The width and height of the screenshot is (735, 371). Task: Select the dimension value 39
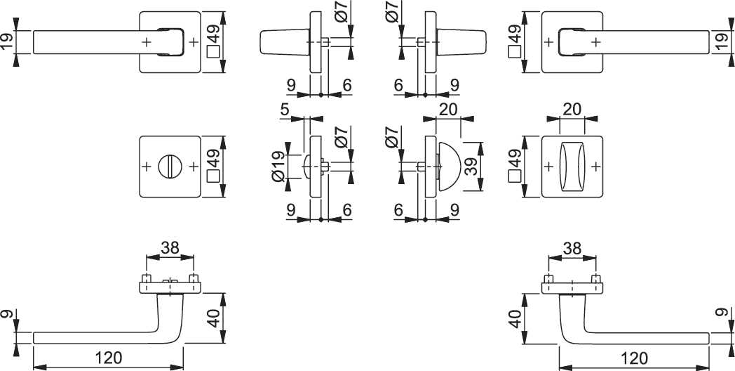pos(471,167)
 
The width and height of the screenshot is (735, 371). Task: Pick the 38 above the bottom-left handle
pos(170,247)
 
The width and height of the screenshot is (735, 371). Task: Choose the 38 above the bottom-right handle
pos(572,247)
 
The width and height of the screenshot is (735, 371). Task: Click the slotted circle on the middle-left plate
pos(170,167)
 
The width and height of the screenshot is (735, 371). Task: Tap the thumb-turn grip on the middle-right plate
pos(572,167)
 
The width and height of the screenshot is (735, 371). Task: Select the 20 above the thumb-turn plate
pos(572,109)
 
